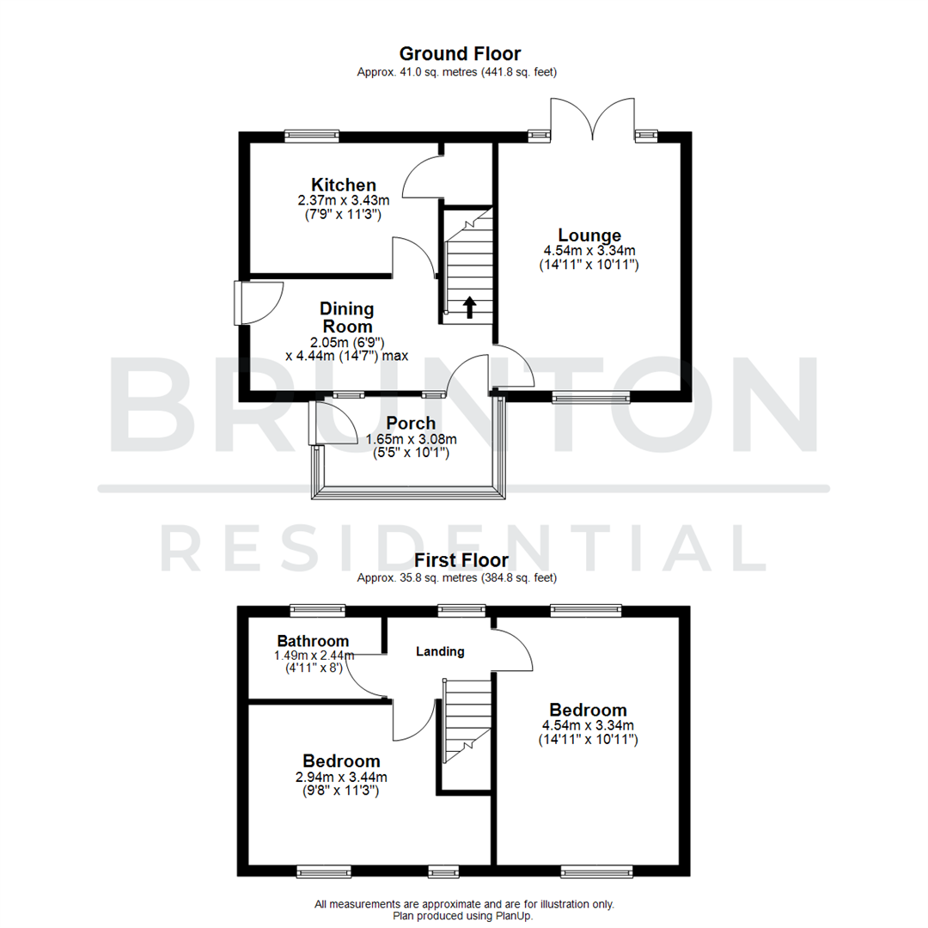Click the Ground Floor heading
[x=460, y=54]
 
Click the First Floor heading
[x=460, y=560]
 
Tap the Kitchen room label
[x=343, y=185]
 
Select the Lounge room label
[x=589, y=235]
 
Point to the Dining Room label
[x=346, y=317]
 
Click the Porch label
[x=411, y=423]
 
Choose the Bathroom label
[x=313, y=641]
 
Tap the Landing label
[x=440, y=651]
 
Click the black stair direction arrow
[x=469, y=307]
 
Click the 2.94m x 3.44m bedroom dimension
[x=341, y=778]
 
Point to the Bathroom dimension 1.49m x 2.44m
[x=314, y=656]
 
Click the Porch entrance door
[x=333, y=424]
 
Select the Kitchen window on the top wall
[x=312, y=135]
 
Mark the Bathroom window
[x=319, y=610]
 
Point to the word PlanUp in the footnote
[x=515, y=916]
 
